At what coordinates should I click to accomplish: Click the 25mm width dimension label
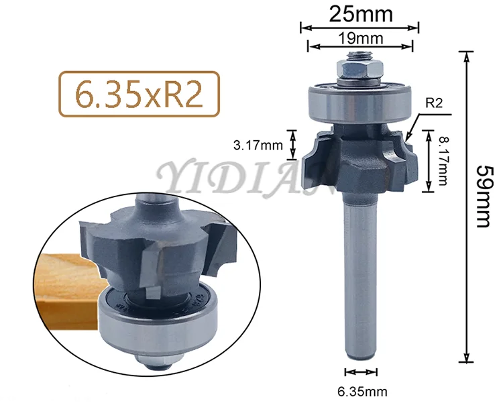point(361,15)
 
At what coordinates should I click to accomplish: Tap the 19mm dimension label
point(361,38)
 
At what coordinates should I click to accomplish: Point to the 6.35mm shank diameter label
point(362,392)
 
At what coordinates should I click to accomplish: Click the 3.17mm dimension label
point(258,145)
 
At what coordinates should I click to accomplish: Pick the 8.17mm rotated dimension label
point(443,161)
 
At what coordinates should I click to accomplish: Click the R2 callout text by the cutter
point(434,103)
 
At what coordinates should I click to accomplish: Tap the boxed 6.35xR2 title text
point(139,94)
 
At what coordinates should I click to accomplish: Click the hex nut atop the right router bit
point(359,69)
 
